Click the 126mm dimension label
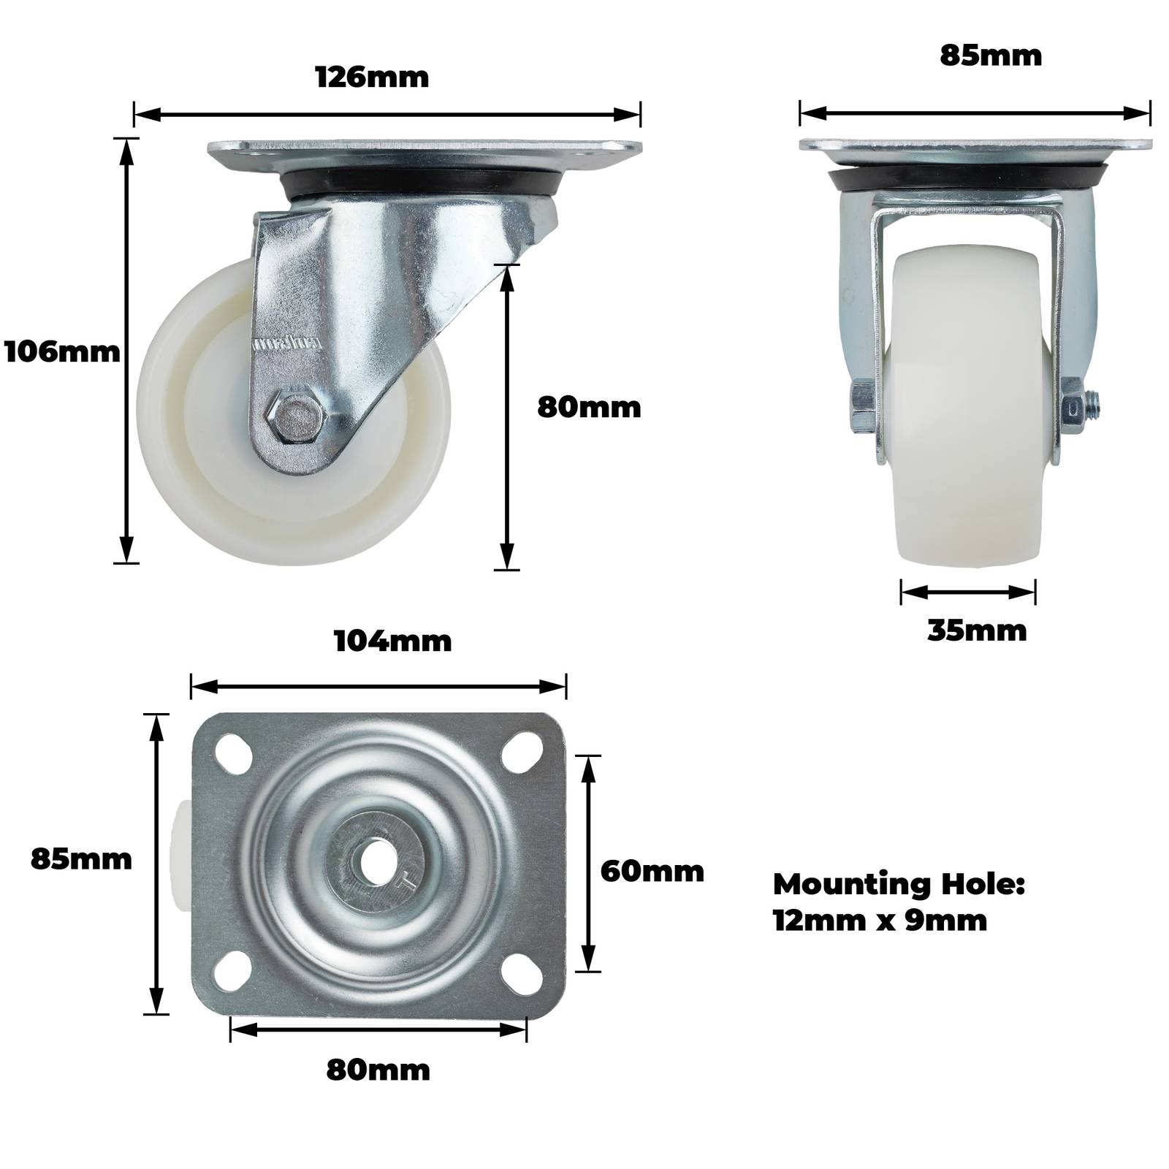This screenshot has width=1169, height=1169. coord(372,77)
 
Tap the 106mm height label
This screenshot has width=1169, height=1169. coord(62,352)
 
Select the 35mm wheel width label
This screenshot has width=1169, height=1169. coord(977,631)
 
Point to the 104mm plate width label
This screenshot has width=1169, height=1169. coord(393,641)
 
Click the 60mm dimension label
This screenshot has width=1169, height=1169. coord(652,871)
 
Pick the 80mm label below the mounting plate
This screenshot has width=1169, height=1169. coord(378,1070)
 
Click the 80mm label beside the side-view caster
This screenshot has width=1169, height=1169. coord(589,407)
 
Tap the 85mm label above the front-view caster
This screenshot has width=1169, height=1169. coord(991,56)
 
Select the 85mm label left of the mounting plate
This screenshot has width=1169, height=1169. coord(81,859)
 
